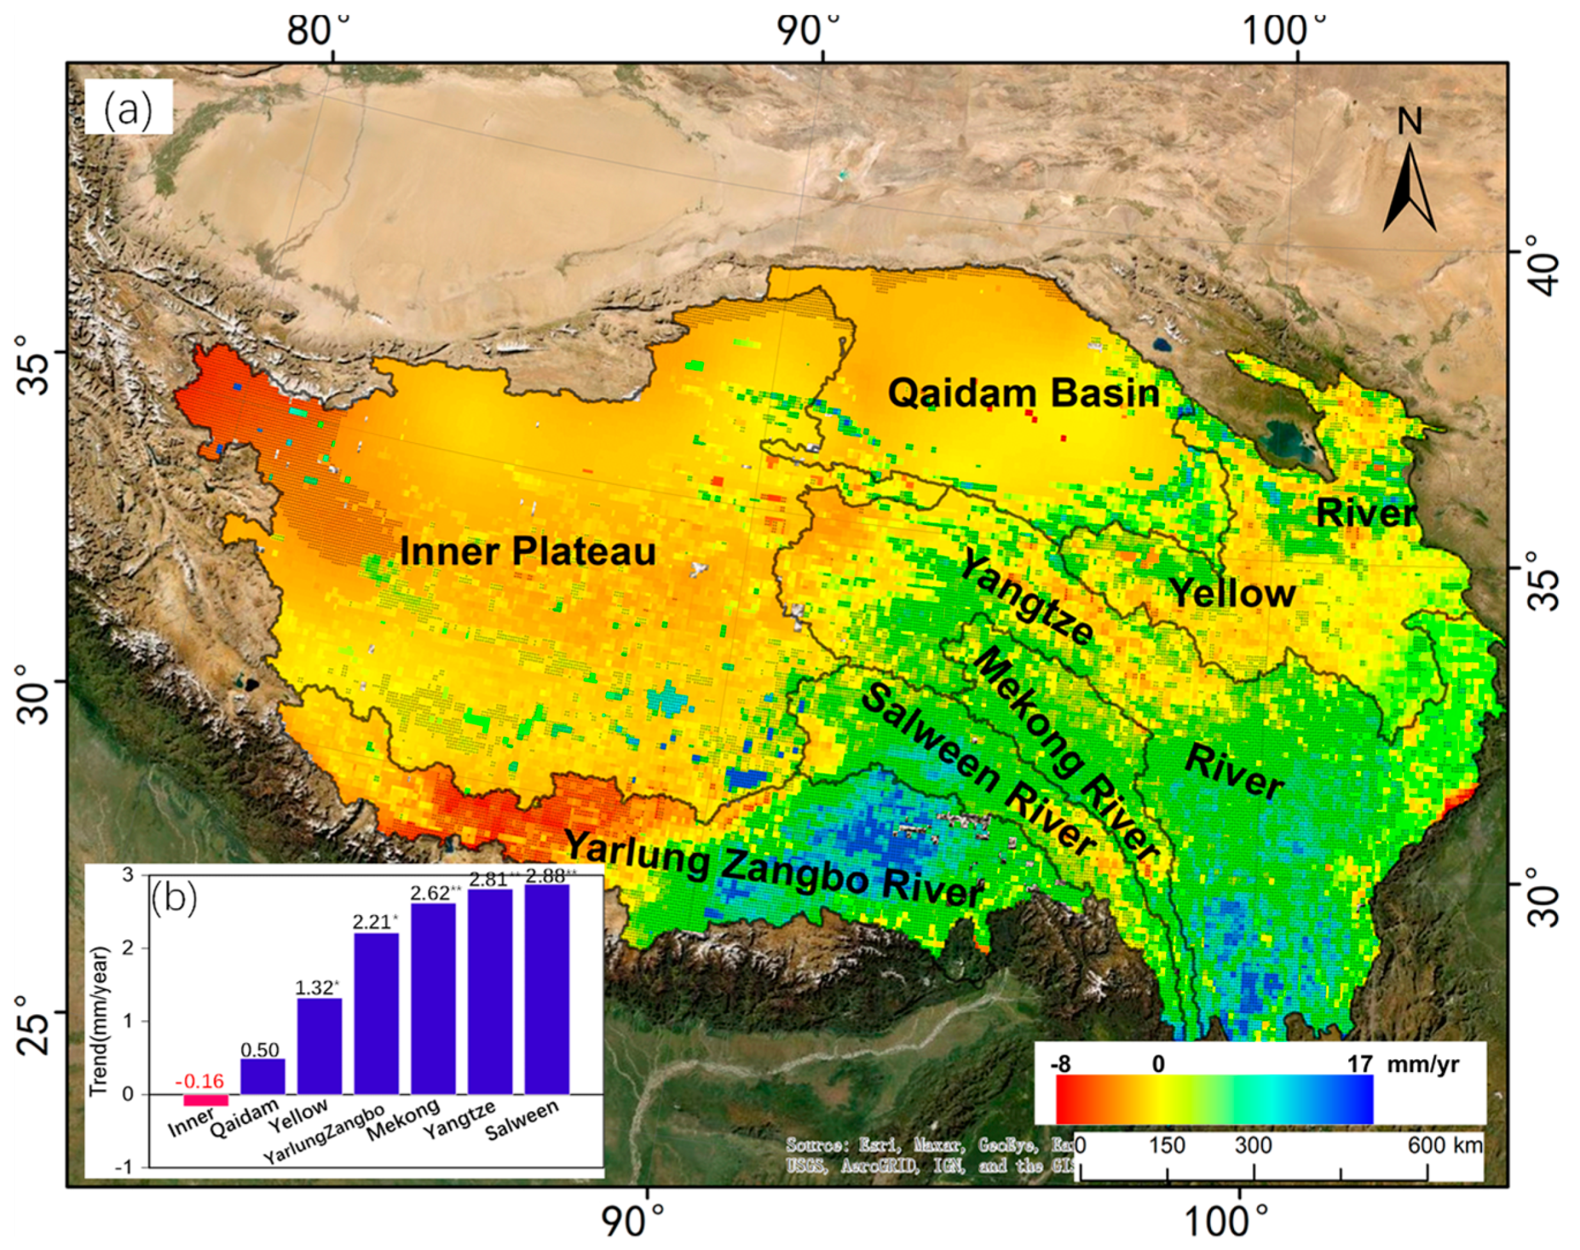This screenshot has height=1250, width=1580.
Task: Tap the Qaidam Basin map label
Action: [1023, 394]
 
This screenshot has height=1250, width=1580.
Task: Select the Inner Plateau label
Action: [528, 551]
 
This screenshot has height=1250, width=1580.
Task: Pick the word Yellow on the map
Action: [1232, 593]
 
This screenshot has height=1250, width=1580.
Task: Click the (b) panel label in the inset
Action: [174, 900]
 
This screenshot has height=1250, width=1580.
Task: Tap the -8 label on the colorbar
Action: [1061, 1064]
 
